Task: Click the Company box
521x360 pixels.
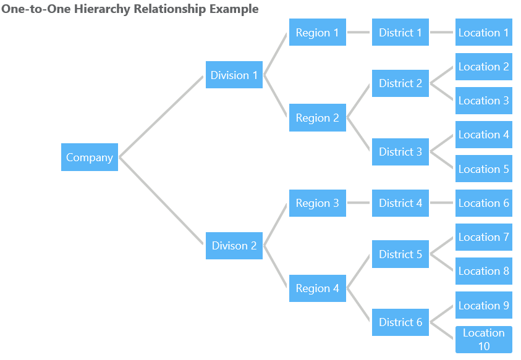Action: click(x=90, y=157)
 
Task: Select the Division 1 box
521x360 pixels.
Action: click(x=234, y=75)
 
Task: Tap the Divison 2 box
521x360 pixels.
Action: click(x=234, y=246)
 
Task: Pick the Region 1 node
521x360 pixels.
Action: click(x=317, y=33)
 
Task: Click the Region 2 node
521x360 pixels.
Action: click(x=317, y=118)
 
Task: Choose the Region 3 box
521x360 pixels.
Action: click(x=317, y=203)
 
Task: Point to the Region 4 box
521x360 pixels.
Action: click(x=317, y=288)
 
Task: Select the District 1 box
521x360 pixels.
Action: click(x=400, y=33)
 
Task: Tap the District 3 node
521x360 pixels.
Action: click(x=400, y=152)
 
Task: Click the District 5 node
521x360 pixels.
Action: click(x=400, y=254)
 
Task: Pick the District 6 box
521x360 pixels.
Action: click(x=400, y=322)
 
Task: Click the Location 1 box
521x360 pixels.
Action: click(x=484, y=33)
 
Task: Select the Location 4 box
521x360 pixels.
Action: click(x=484, y=135)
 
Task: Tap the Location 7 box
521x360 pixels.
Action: click(x=484, y=237)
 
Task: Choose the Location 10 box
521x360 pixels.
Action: click(x=484, y=340)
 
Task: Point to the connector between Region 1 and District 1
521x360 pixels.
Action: click(x=359, y=33)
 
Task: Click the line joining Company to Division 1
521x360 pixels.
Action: click(x=162, y=116)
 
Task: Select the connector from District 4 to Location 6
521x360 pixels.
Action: click(x=442, y=203)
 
